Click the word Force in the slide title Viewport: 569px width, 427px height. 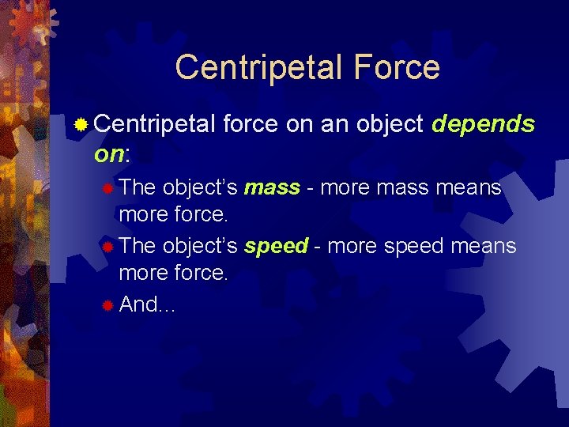click(x=398, y=66)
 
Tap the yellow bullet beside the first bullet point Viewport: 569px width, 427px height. click(x=81, y=124)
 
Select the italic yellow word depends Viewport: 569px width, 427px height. click(x=484, y=124)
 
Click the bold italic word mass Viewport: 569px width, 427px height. click(x=272, y=187)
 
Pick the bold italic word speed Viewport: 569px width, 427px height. click(x=276, y=246)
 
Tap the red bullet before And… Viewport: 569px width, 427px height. click(x=107, y=305)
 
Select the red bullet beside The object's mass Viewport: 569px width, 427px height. click(x=107, y=188)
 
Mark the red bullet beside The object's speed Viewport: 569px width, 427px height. click(x=107, y=247)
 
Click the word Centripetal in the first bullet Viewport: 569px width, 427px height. click(x=155, y=124)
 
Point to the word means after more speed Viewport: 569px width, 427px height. click(x=483, y=246)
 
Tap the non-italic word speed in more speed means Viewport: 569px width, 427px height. click(x=414, y=246)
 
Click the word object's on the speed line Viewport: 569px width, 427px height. click(x=200, y=246)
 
